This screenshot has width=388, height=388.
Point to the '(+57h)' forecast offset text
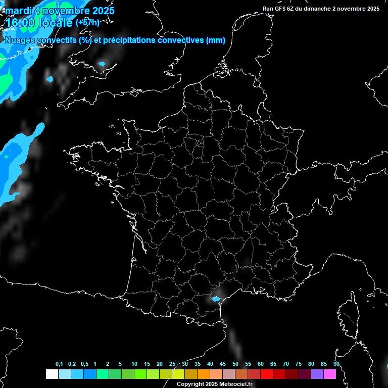(87, 23)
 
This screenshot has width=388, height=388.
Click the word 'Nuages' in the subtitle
(20, 40)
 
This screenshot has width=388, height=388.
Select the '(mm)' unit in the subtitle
(216, 40)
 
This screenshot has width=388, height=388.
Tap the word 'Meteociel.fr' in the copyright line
(238, 384)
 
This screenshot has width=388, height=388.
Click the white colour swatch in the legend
(52, 374)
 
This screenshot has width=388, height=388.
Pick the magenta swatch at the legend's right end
(329, 374)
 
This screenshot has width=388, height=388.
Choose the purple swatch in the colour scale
(317, 374)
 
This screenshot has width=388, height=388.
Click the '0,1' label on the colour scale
(59, 364)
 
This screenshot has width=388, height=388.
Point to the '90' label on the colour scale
(336, 364)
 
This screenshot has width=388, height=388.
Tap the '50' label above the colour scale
(235, 364)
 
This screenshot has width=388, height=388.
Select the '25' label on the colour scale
(172, 364)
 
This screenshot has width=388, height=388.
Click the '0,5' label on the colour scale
(84, 364)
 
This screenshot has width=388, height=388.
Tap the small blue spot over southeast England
(102, 64)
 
